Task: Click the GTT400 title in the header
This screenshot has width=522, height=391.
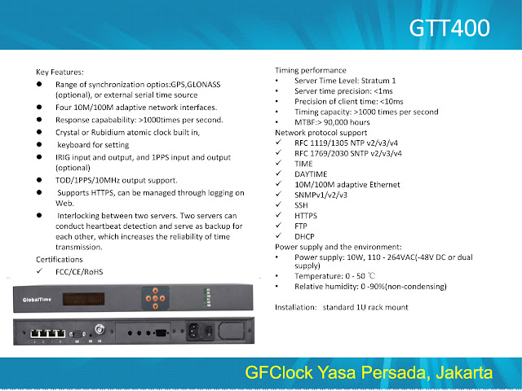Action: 449,28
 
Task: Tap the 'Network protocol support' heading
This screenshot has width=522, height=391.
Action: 321,132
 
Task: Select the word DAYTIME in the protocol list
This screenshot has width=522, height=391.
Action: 312,173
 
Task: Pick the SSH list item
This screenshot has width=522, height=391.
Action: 302,205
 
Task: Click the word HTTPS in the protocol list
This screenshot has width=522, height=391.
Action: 307,215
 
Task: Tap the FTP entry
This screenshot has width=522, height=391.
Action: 301,226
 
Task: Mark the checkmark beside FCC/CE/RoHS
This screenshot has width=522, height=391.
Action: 40,271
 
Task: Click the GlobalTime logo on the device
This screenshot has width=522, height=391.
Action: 35,299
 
